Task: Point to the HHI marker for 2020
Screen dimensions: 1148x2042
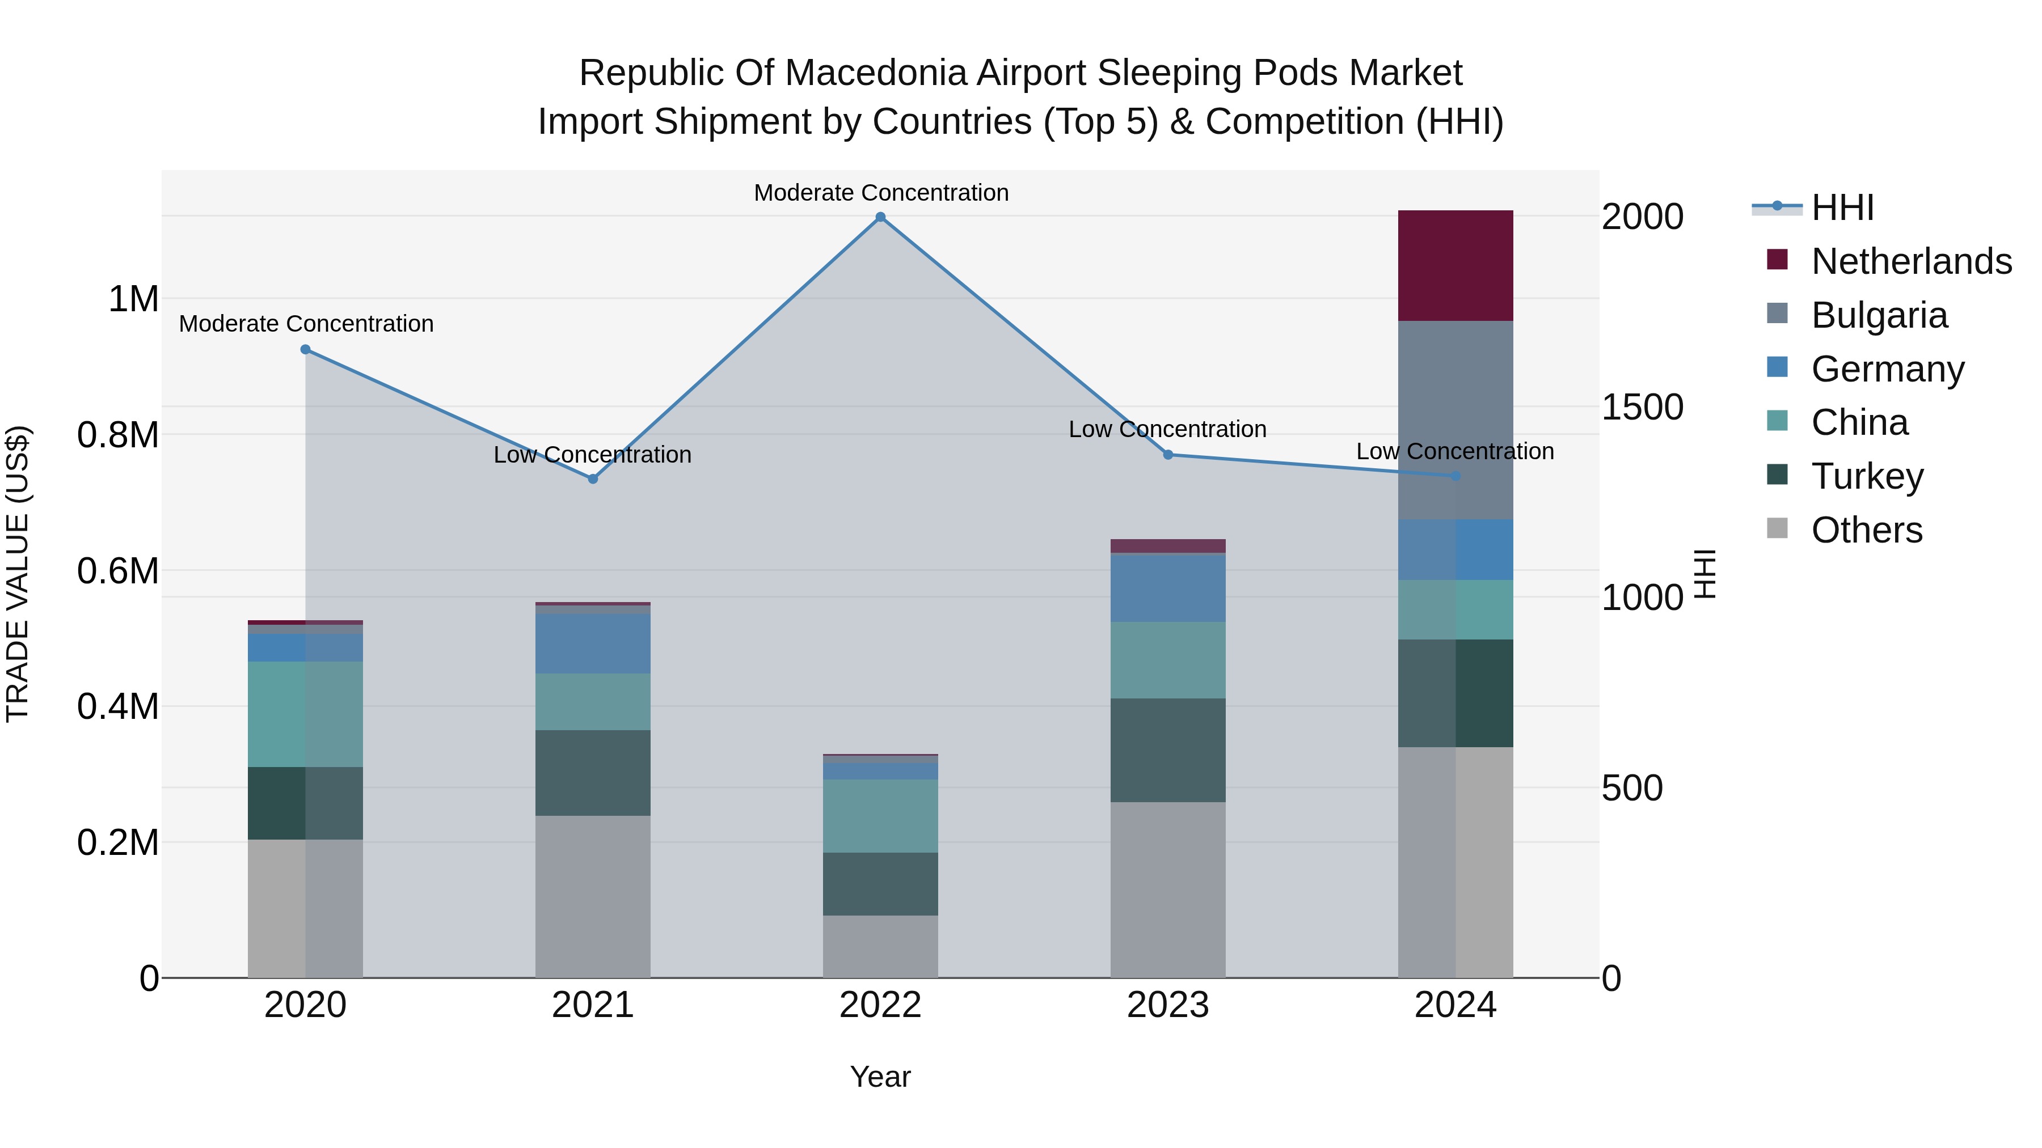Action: pos(305,349)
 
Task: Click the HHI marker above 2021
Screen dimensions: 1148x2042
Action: pos(593,478)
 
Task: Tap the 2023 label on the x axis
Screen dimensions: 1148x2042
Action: pos(1168,1005)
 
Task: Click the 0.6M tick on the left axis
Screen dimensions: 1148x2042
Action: pos(118,570)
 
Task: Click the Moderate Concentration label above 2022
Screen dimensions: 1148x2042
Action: pos(881,193)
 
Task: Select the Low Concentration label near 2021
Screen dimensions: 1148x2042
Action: pos(593,455)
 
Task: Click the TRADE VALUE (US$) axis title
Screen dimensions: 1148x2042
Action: pos(18,574)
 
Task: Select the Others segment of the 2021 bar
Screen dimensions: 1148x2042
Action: pos(593,896)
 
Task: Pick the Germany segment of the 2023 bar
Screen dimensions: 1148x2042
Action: pos(1168,588)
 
